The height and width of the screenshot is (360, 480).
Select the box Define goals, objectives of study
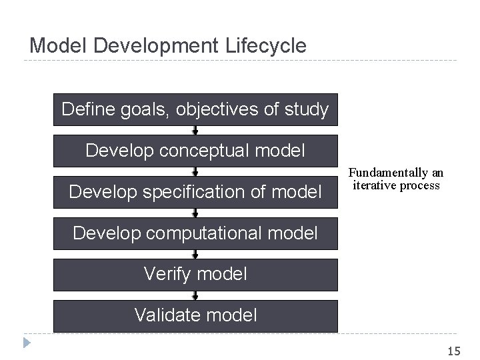pyautogui.click(x=195, y=109)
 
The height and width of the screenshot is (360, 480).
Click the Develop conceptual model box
pyautogui.click(x=195, y=151)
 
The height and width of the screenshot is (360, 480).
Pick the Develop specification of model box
pyautogui.click(x=195, y=192)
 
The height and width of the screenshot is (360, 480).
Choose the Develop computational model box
pyautogui.click(x=195, y=233)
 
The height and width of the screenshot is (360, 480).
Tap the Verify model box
pyautogui.click(x=195, y=274)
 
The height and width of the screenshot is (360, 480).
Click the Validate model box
pyautogui.click(x=195, y=315)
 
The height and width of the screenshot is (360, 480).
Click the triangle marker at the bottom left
pyautogui.click(x=26, y=343)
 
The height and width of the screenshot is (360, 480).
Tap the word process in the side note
pyautogui.click(x=420, y=185)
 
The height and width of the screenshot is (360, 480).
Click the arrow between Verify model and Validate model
pyautogui.click(x=195, y=295)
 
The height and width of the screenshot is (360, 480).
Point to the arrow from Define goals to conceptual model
pyautogui.click(x=195, y=130)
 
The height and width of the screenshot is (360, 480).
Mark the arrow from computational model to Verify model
pyautogui.click(x=195, y=254)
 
